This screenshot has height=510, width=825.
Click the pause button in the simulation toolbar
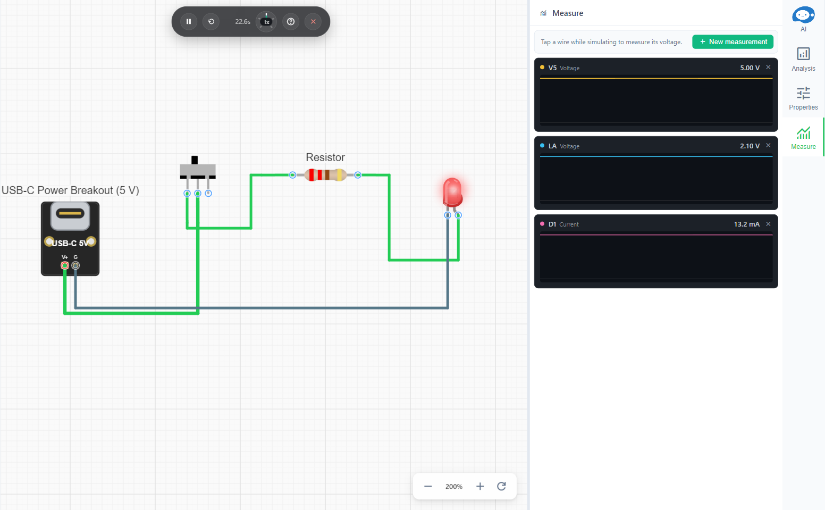[189, 22]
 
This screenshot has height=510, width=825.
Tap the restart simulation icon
[211, 22]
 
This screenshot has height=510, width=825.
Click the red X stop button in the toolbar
[313, 22]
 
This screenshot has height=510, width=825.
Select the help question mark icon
[291, 22]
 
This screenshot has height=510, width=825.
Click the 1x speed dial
[266, 22]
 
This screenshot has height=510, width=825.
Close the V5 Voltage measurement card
[768, 67]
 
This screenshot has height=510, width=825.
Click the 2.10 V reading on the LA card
[750, 146]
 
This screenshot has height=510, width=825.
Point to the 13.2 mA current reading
[746, 224]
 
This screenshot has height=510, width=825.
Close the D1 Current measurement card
[768, 224]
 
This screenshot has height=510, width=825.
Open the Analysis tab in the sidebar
[803, 59]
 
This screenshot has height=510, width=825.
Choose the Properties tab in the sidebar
[803, 98]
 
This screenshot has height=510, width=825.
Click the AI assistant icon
[803, 19]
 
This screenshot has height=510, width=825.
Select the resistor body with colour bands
[325, 174]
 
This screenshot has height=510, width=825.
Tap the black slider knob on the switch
[195, 160]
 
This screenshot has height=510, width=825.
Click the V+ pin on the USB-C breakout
[65, 265]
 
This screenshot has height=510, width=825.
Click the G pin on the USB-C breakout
[75, 265]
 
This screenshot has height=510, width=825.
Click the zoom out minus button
[428, 487]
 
